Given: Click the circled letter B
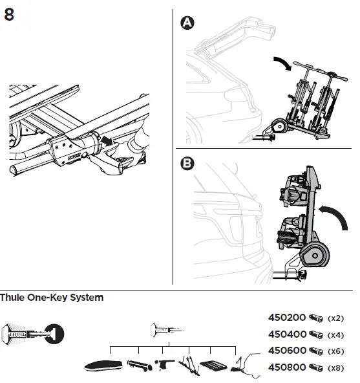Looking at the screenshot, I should pyautogui.click(x=187, y=164).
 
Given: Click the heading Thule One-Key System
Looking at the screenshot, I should pyautogui.click(x=52, y=298).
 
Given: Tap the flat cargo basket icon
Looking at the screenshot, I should pyautogui.click(x=213, y=366).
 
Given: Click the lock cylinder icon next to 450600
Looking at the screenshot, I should pyautogui.click(x=316, y=351).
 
